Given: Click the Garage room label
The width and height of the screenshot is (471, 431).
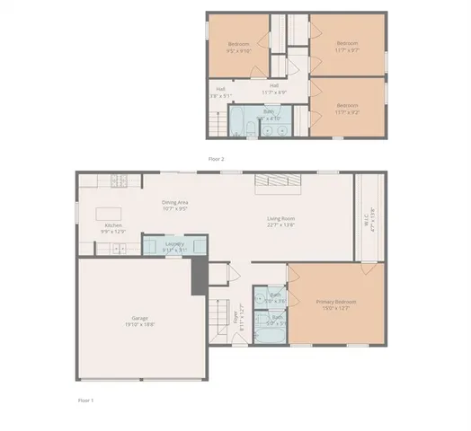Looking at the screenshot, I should pyautogui.click(x=139, y=321).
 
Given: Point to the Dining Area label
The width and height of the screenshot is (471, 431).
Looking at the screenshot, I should pyautogui.click(x=175, y=205).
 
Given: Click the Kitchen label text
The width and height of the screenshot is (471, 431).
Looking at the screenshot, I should pyautogui.click(x=113, y=228).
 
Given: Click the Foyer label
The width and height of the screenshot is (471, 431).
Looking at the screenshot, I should pyautogui.click(x=236, y=317).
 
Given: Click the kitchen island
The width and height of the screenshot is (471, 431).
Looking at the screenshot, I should pyautogui.click(x=102, y=215).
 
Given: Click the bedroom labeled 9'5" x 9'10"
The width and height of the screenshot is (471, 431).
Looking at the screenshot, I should pyautogui.click(x=238, y=48).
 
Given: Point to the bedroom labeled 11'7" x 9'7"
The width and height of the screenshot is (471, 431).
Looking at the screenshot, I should pyautogui.click(x=347, y=46).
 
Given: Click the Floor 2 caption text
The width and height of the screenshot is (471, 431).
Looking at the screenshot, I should pyautogui.click(x=216, y=158).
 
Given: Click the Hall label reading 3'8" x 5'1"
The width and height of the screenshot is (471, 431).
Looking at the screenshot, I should pyautogui.click(x=220, y=92).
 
